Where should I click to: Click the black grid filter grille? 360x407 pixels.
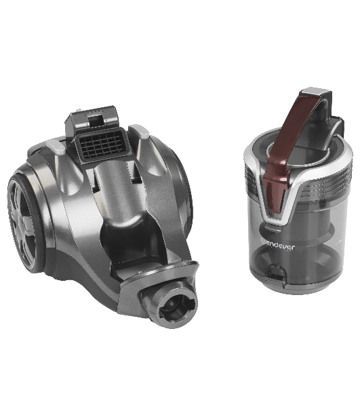tap(102, 145)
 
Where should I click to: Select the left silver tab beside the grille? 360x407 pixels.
tap(55, 146)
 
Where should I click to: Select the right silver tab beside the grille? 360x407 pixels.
tap(140, 132)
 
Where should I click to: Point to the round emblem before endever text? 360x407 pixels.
tap(262, 242)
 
